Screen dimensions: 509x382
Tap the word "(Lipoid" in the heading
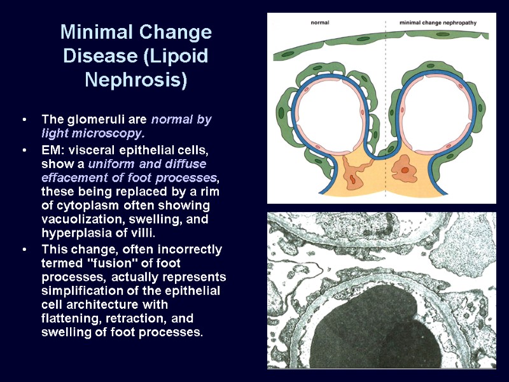(x=177, y=56)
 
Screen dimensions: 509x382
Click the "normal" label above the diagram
(x=319, y=22)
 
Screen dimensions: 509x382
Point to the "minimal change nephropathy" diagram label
(x=438, y=22)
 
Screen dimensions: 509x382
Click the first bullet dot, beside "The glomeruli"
(x=24, y=120)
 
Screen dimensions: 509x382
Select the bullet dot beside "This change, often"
(x=24, y=249)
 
